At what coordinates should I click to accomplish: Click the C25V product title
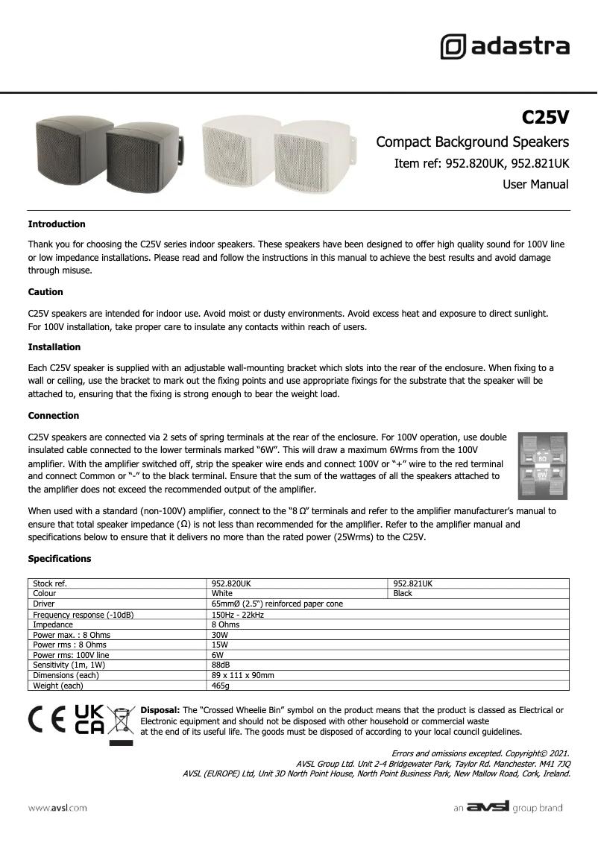point(545,118)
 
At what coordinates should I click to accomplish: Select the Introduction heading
point(57,224)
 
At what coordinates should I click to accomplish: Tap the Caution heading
point(45,292)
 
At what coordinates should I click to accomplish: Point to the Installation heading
point(54,347)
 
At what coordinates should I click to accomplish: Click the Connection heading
point(54,416)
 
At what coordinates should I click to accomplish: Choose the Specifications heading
point(60,559)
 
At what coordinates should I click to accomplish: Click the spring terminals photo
point(543,466)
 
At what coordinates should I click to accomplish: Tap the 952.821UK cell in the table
point(412,583)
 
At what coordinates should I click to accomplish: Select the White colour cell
point(222,594)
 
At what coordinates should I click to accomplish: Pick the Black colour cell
point(403,594)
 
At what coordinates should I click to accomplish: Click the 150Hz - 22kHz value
point(238,615)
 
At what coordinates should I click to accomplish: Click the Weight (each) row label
point(58,686)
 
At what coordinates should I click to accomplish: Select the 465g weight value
point(221,686)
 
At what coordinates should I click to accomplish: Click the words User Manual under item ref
point(535,184)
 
